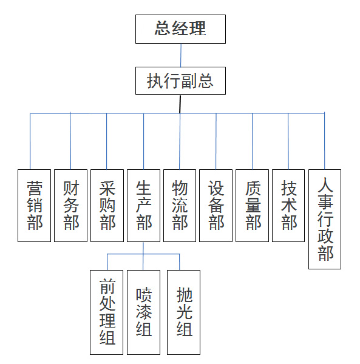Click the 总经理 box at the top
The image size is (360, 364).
[180, 29]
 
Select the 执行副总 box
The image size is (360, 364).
[180, 81]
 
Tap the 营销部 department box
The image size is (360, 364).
[34, 206]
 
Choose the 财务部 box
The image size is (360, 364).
[70, 206]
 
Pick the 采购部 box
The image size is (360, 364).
[107, 206]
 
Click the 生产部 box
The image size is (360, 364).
[143, 206]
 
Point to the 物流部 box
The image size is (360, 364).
[180, 206]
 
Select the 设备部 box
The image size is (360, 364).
[216, 206]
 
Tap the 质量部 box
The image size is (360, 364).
[252, 206]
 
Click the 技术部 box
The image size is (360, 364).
[288, 206]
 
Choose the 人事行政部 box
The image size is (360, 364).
[325, 219]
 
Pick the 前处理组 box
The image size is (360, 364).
[106, 312]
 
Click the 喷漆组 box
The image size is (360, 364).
[143, 312]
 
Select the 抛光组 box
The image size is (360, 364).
[183, 312]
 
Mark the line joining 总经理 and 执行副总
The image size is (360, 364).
[181, 55]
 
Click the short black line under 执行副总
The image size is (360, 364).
[180, 104]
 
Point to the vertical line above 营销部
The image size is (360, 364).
[30, 141]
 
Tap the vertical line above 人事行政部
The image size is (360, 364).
[324, 141]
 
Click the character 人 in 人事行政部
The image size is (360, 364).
[325, 184]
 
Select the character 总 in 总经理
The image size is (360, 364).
[163, 28]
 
